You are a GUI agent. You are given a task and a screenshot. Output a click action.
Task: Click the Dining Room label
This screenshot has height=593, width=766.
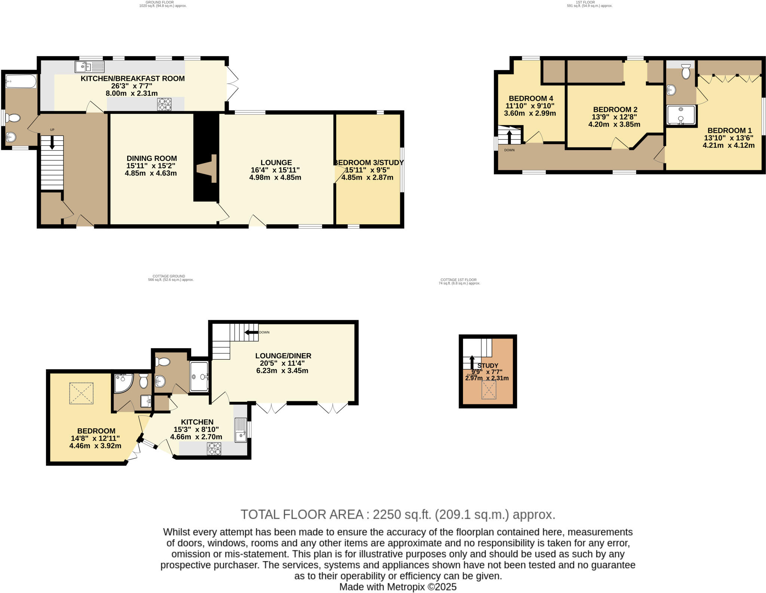[x=151, y=158]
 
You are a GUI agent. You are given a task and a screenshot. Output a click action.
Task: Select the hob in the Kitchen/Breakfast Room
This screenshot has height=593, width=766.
[x=165, y=104]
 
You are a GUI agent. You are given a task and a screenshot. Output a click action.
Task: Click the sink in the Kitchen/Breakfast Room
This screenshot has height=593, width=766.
[x=89, y=67]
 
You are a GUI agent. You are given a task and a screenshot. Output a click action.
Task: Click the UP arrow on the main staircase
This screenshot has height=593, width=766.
[x=52, y=143]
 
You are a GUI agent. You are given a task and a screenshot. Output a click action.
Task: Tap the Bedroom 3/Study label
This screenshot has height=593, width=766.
[x=369, y=162]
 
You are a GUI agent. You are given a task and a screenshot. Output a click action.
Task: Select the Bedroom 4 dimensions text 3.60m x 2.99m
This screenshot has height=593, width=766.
[x=530, y=113]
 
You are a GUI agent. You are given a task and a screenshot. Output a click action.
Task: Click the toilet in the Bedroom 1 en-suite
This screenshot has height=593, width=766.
[x=686, y=71]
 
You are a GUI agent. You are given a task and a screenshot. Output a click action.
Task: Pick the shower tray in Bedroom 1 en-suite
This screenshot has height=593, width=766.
[x=681, y=115]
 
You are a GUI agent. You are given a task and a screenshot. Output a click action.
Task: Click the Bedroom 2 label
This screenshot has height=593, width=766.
[x=615, y=109]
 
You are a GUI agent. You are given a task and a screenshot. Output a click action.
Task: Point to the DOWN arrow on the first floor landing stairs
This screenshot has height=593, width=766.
[x=509, y=137]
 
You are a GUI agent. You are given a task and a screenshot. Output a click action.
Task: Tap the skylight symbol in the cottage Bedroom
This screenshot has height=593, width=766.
[x=81, y=393]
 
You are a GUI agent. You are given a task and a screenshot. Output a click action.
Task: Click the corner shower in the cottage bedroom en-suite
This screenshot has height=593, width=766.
[x=122, y=383]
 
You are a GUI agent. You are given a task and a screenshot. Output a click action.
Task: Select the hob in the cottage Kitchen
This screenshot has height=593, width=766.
[x=214, y=448]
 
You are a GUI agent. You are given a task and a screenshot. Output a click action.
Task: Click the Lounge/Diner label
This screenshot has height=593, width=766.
[x=283, y=356]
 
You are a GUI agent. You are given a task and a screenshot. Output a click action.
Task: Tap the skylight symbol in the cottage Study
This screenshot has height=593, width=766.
[x=488, y=390]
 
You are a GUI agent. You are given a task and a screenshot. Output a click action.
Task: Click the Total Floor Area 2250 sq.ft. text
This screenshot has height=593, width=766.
[x=398, y=514]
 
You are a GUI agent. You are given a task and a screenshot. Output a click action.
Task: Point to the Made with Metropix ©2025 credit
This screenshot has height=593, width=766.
[x=398, y=587]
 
